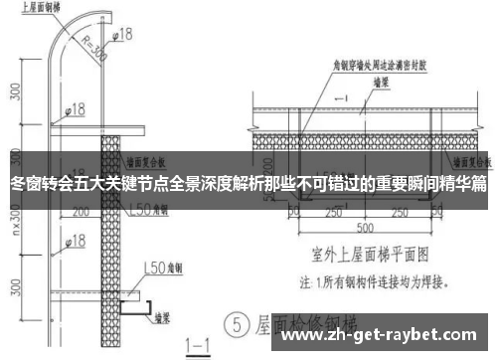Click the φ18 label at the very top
pyautogui.click(x=121, y=35)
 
